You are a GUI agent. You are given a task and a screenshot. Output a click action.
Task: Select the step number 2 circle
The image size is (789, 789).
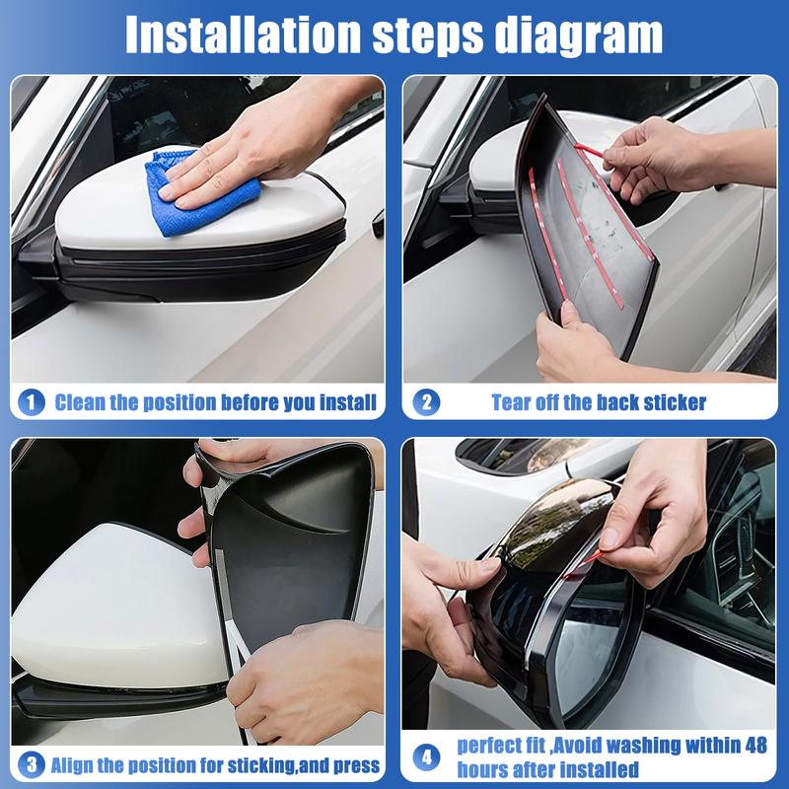point(426,402)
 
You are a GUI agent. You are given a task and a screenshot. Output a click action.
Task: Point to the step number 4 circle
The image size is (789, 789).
point(426,759)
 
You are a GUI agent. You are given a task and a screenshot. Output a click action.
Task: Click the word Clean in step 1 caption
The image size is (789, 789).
point(82,402)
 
